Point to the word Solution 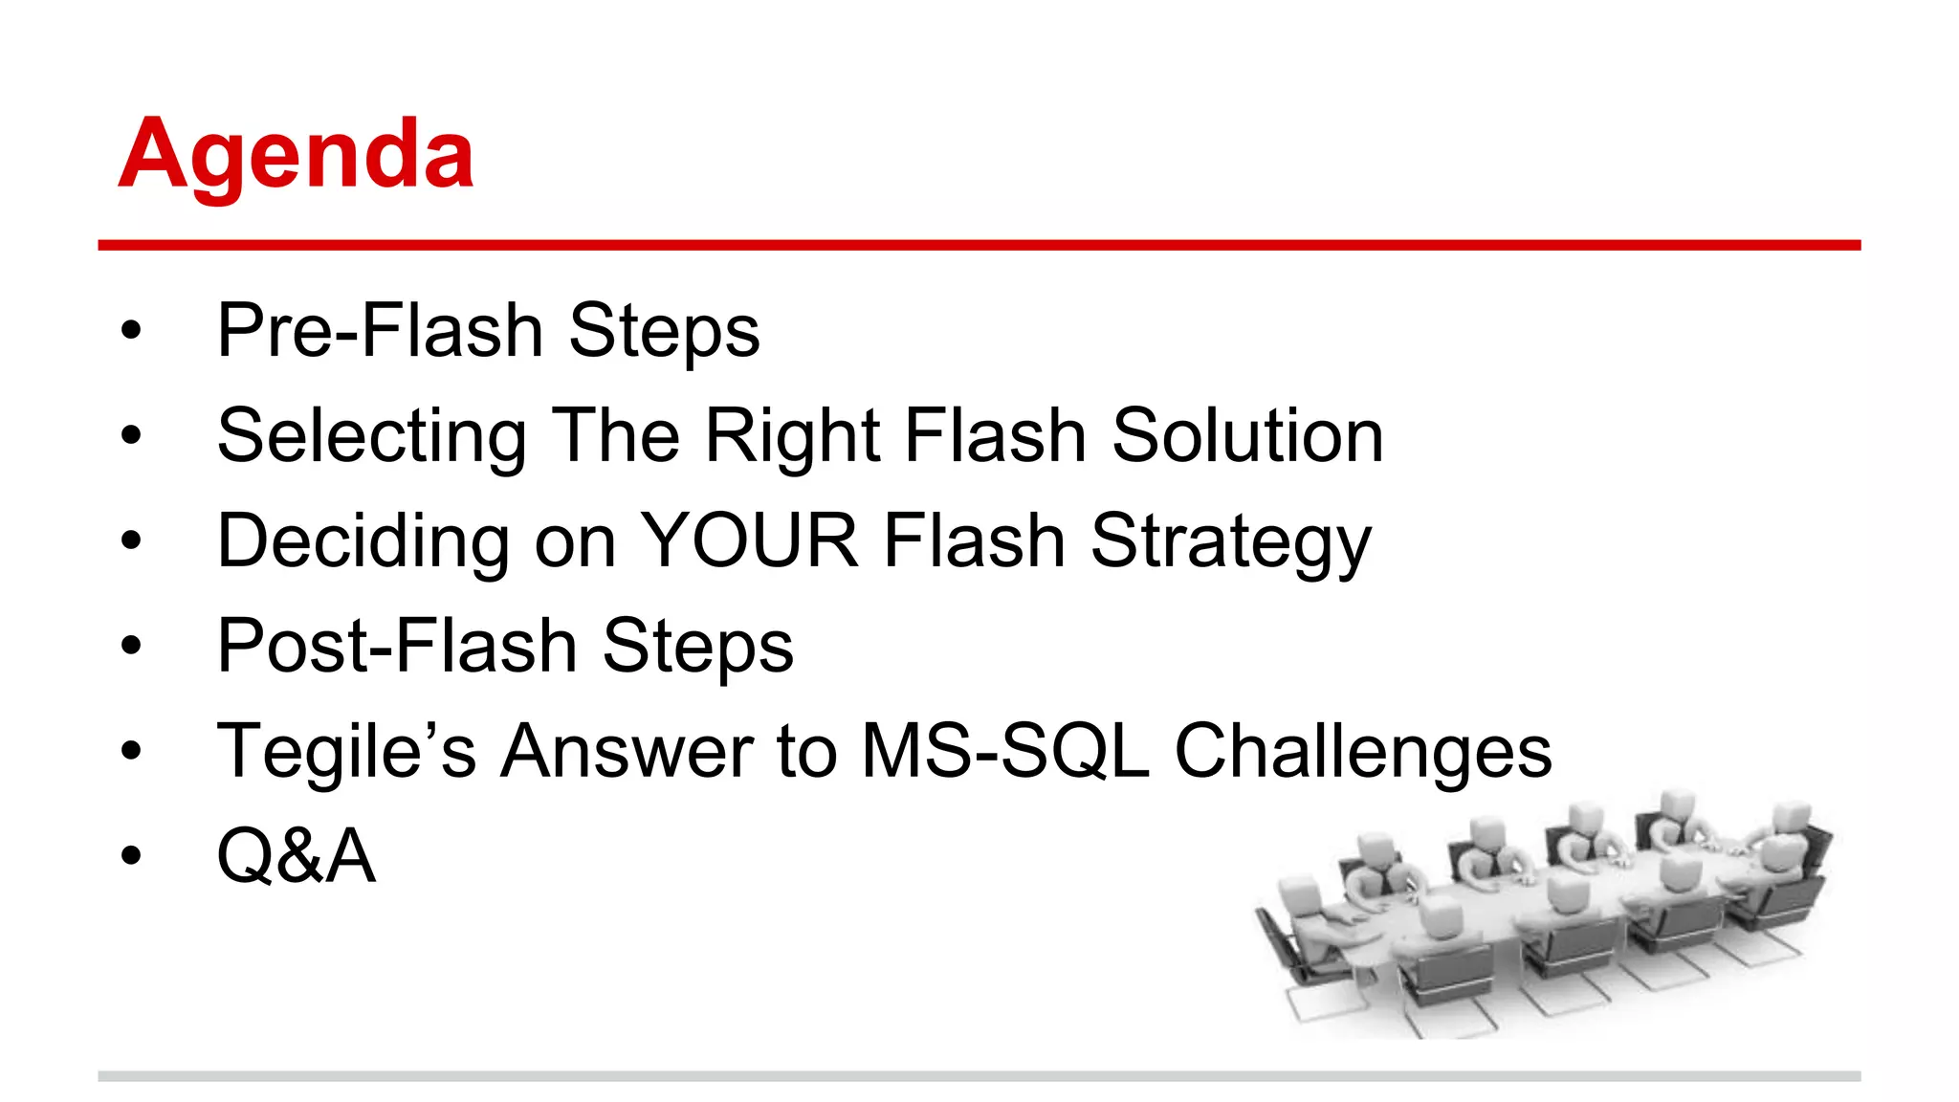pos(1247,435)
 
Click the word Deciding pos(363,541)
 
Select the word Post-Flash pos(397,646)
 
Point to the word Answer pos(627,751)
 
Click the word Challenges pos(1362,752)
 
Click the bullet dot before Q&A pos(131,856)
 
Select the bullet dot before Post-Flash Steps pos(131,647)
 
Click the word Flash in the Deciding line pos(974,540)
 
